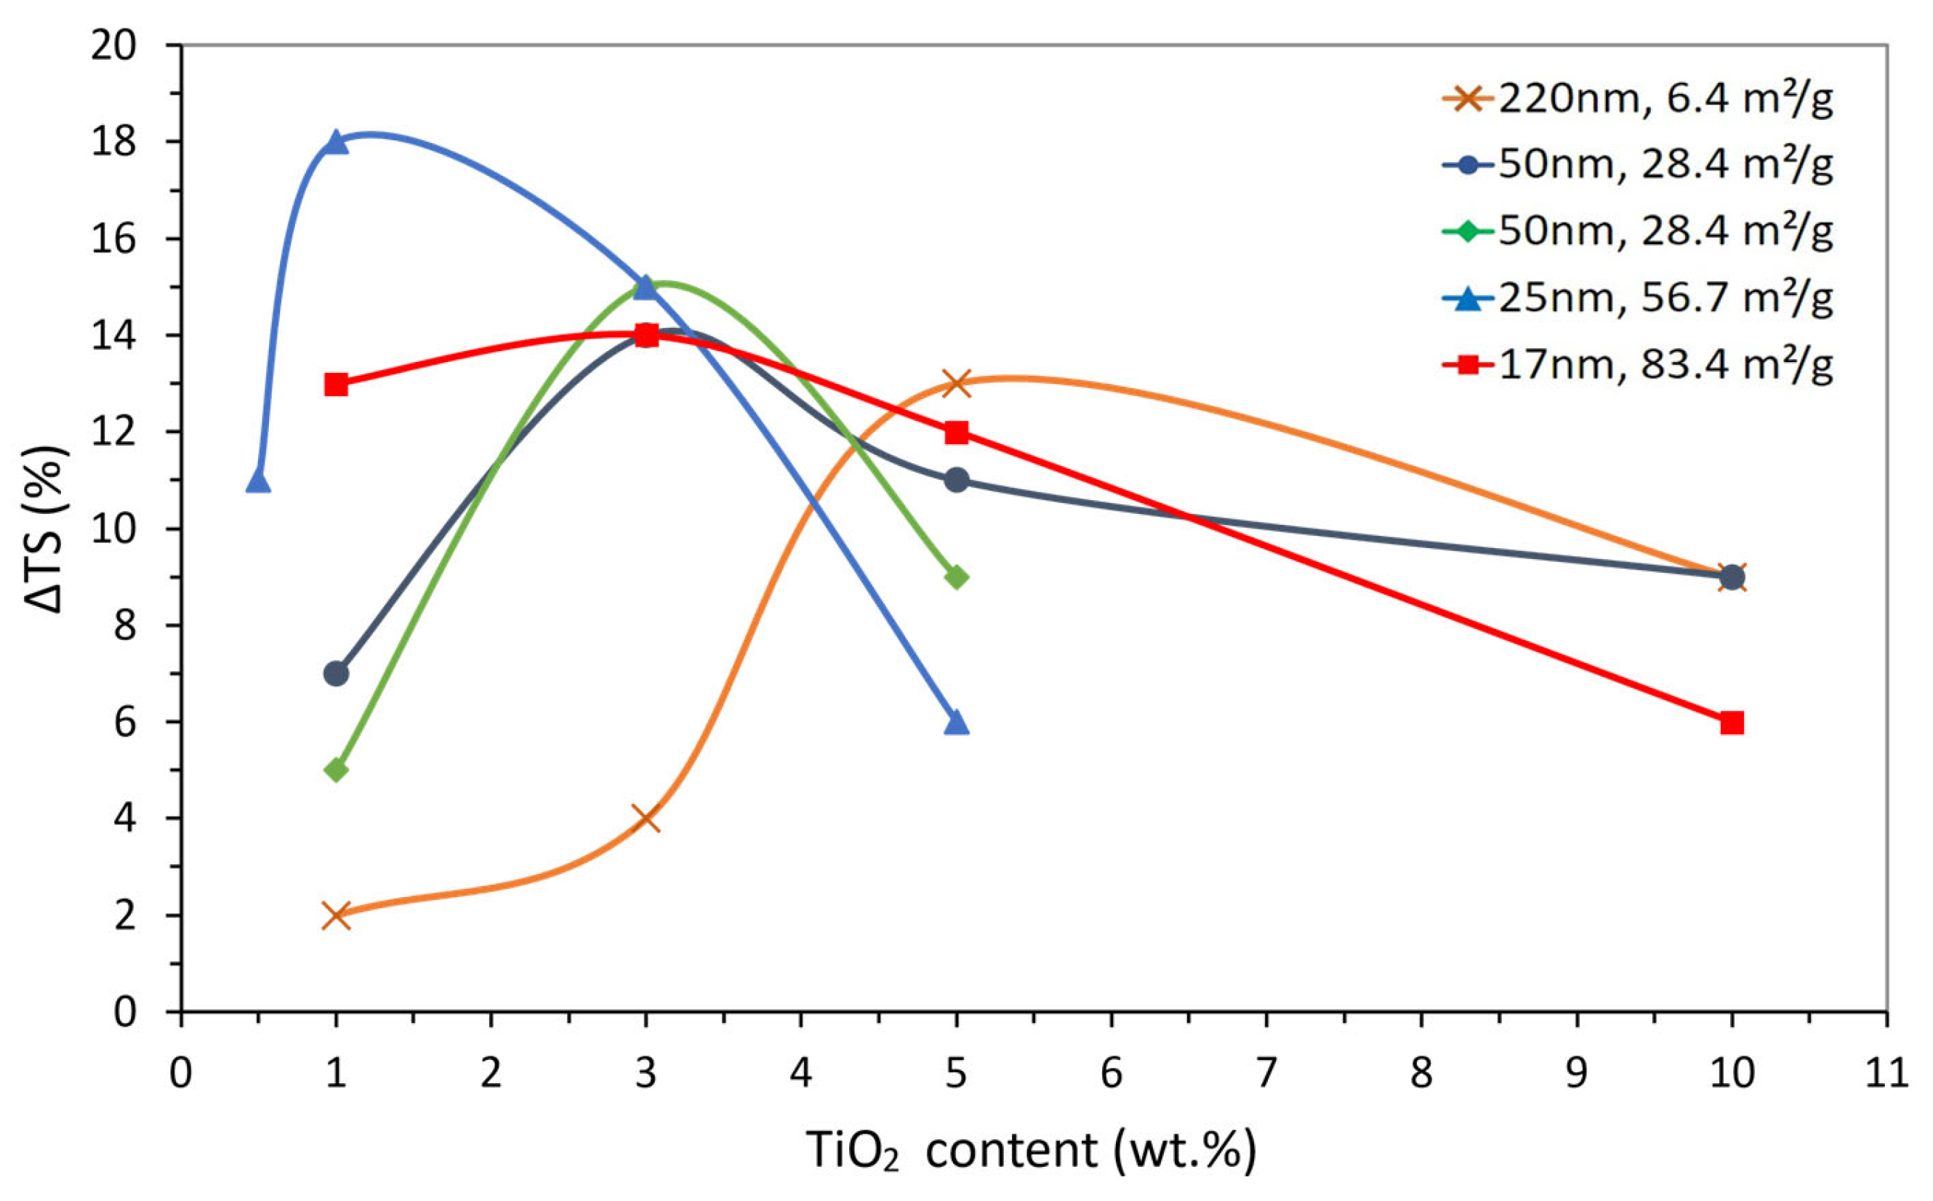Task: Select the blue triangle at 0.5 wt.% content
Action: point(258,481)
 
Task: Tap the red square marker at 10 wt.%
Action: point(1732,723)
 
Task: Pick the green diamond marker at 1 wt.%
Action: point(336,770)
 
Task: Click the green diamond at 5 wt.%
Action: point(957,577)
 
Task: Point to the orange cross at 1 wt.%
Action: point(336,915)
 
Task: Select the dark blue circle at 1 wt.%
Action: point(336,674)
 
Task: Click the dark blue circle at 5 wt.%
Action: point(957,480)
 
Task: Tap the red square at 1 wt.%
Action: point(336,385)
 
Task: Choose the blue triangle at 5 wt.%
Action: point(957,723)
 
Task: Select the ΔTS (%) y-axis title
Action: point(48,529)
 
